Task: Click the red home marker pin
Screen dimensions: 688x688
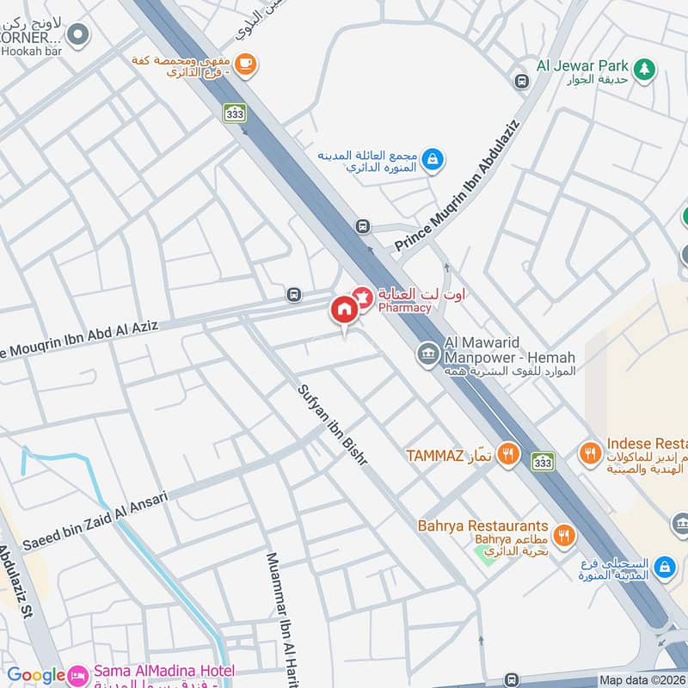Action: pyautogui.click(x=344, y=310)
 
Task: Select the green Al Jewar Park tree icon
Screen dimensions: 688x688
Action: pyautogui.click(x=642, y=67)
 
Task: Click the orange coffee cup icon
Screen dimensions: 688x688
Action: pyautogui.click(x=245, y=64)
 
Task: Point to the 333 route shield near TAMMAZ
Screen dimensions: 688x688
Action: pyautogui.click(x=543, y=461)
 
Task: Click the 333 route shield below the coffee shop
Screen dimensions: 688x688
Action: pyautogui.click(x=234, y=112)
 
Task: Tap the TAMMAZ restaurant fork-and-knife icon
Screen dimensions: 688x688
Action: pyautogui.click(x=508, y=453)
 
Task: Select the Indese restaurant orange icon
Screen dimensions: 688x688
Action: pyautogui.click(x=590, y=451)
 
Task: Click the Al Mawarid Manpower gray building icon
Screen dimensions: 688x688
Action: pyautogui.click(x=427, y=353)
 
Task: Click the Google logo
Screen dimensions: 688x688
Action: pyautogui.click(x=36, y=676)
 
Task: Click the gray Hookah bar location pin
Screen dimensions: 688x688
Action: pyautogui.click(x=78, y=34)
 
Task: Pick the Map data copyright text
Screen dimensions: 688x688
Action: pyautogui.click(x=641, y=679)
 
